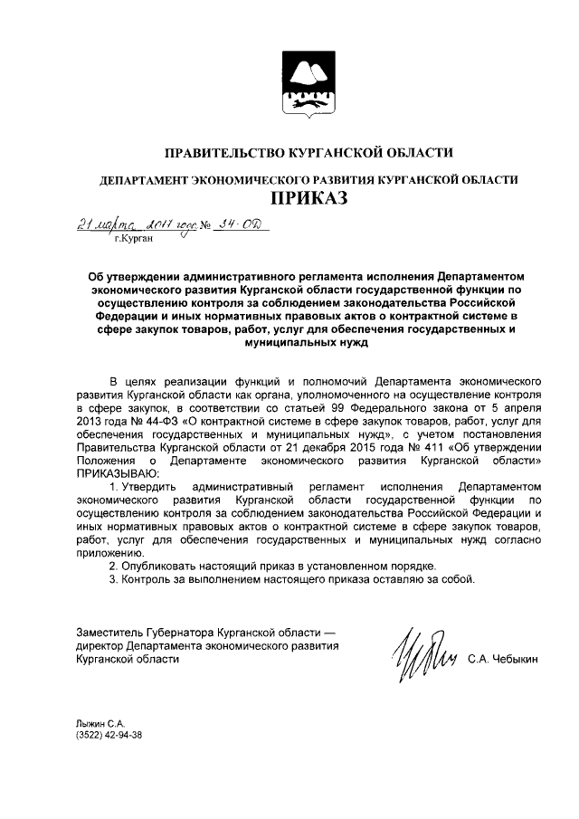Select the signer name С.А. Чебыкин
(502, 661)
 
